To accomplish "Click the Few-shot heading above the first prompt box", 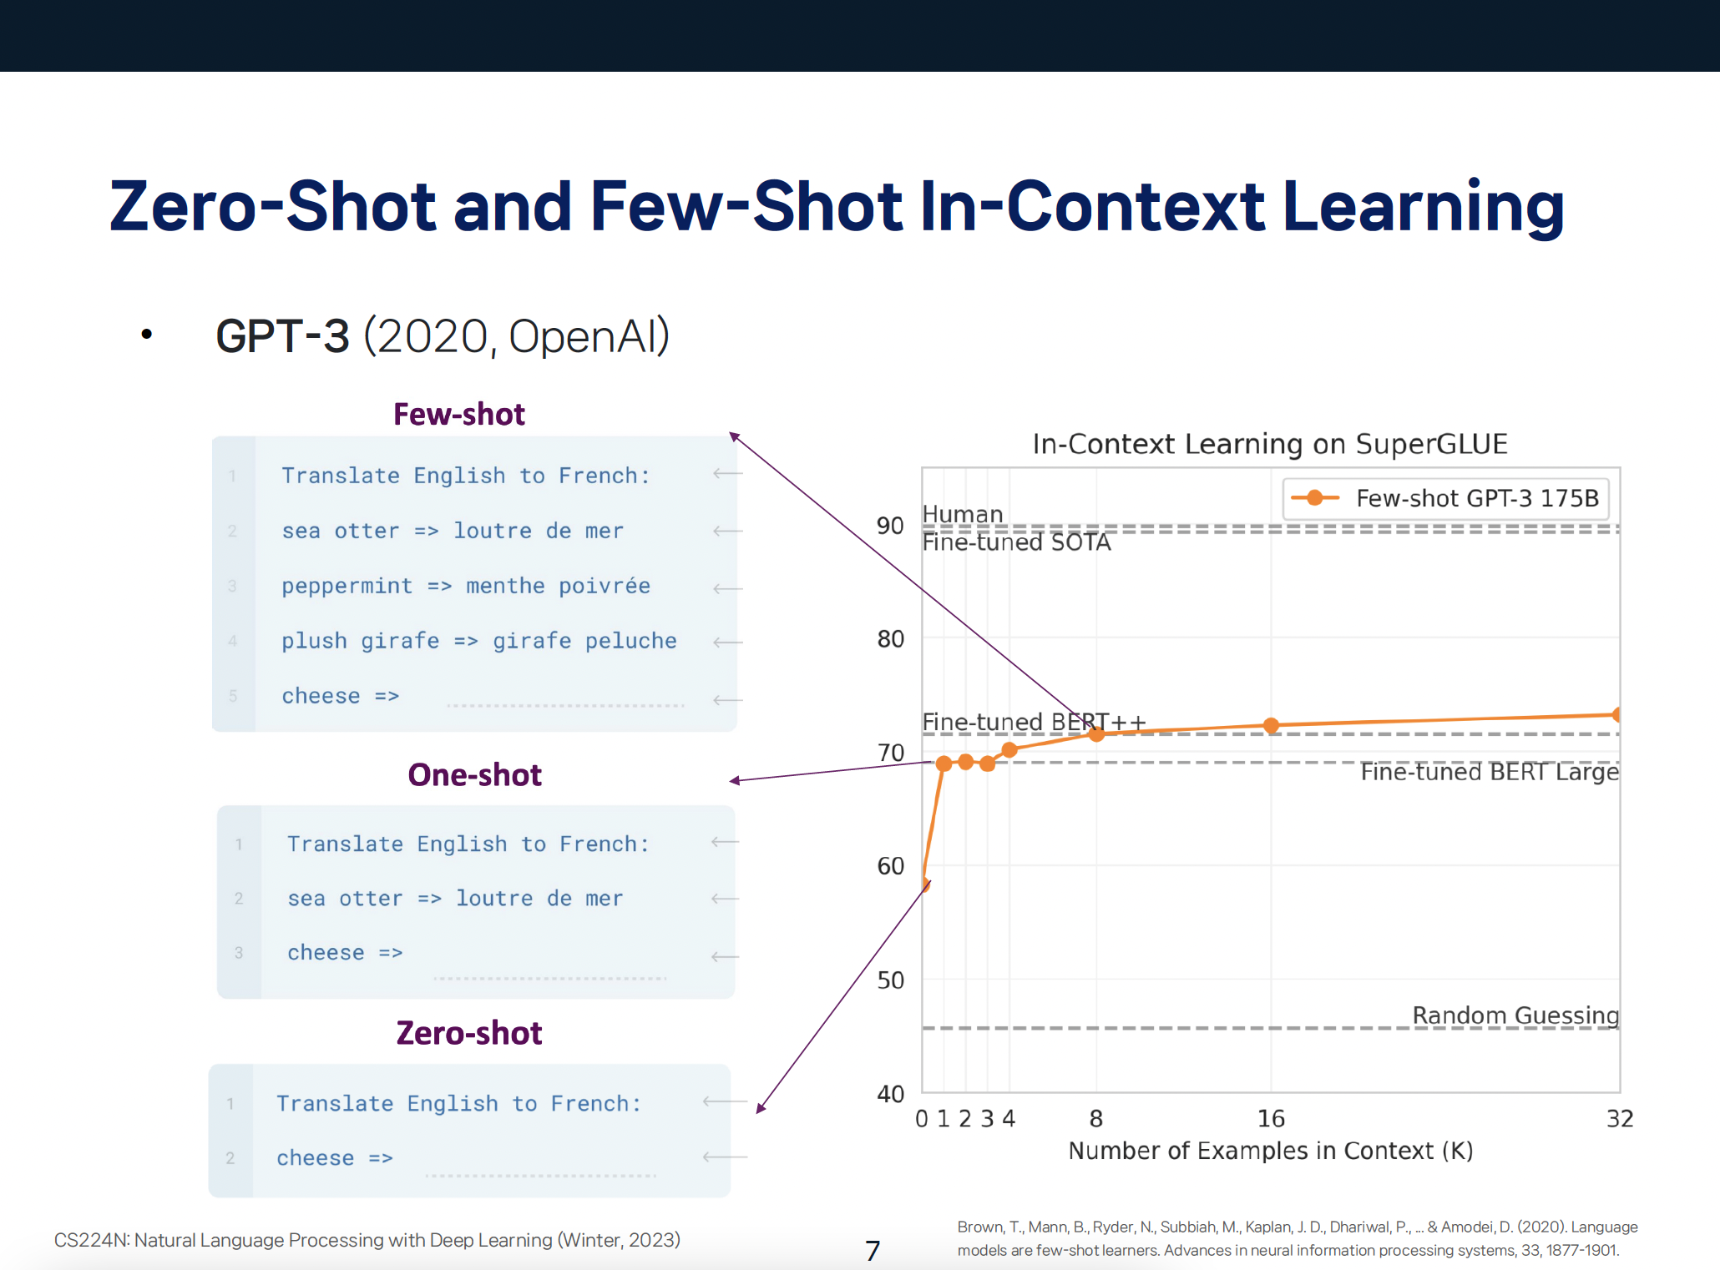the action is [x=459, y=415].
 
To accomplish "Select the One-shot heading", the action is [x=474, y=775].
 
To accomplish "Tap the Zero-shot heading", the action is [x=469, y=1033].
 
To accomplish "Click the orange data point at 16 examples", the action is [x=1271, y=726].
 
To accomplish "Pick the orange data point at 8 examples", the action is [x=1096, y=733].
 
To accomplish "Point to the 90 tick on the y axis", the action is [x=890, y=527].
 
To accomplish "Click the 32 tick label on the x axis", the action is [x=1620, y=1119].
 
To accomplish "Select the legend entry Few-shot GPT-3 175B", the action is [x=1445, y=498].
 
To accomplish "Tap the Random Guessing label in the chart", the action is [x=1515, y=1015].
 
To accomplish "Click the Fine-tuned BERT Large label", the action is [x=1490, y=772].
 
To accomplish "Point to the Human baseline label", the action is [x=963, y=514].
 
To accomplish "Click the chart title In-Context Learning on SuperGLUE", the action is [x=1270, y=444].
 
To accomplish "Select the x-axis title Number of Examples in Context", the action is [x=1271, y=1152].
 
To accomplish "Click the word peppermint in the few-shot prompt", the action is [x=347, y=587].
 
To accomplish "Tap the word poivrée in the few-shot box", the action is [x=605, y=586].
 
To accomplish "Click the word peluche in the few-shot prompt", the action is [x=631, y=641].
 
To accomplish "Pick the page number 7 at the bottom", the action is [x=873, y=1251].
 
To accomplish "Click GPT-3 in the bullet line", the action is [x=282, y=336].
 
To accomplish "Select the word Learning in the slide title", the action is [x=1423, y=208].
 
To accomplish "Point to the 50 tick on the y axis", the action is [x=890, y=980].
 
